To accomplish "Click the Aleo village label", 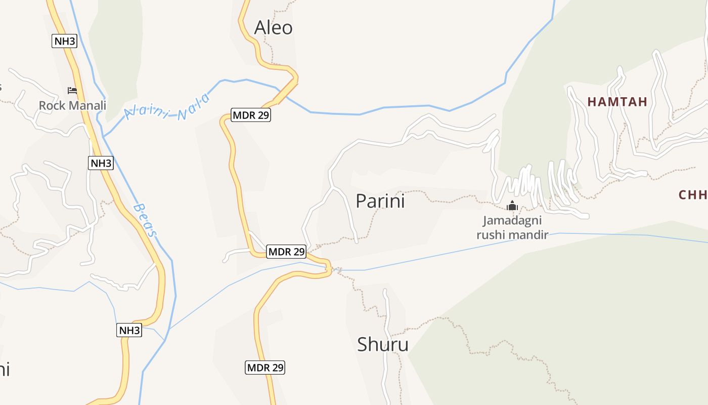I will pyautogui.click(x=273, y=27).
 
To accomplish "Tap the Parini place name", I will pyautogui.click(x=380, y=201).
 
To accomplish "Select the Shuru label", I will pyautogui.click(x=383, y=345).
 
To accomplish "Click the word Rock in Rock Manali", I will pyautogui.click(x=53, y=106).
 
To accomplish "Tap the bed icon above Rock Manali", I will pyautogui.click(x=72, y=91).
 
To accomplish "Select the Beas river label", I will pyautogui.click(x=145, y=220).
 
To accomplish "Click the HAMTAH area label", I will pyautogui.click(x=617, y=102).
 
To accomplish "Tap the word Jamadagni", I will pyautogui.click(x=512, y=221).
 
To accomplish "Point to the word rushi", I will pyautogui.click(x=493, y=235).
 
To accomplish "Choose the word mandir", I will pyautogui.click(x=530, y=235).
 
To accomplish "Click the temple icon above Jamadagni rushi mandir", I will pyautogui.click(x=512, y=206).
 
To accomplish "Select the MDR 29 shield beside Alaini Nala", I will pyautogui.click(x=251, y=115).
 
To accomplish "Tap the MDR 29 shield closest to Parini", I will pyautogui.click(x=286, y=251).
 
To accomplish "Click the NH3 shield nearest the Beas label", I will pyautogui.click(x=101, y=163).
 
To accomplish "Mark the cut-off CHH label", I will pyautogui.click(x=693, y=195).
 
